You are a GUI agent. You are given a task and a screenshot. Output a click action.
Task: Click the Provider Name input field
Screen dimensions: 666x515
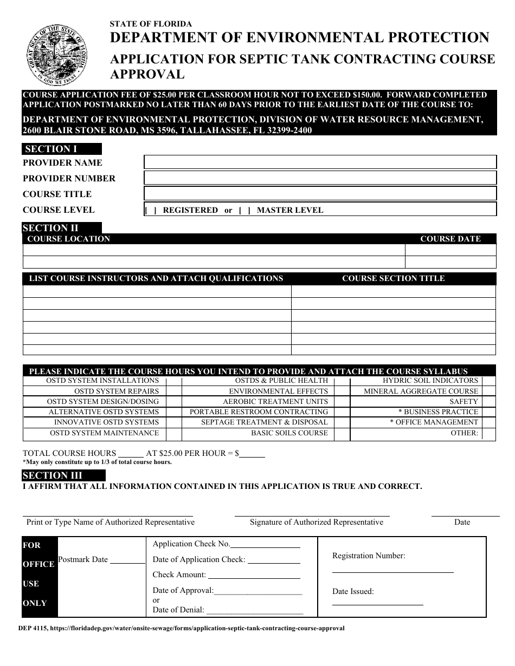(x=320, y=162)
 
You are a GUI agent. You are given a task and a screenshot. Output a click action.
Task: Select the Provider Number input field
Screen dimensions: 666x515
(x=320, y=178)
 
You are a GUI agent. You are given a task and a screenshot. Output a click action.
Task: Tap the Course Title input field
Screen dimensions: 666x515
(x=320, y=193)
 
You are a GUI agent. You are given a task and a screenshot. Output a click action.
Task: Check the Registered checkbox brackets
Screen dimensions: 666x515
(x=151, y=211)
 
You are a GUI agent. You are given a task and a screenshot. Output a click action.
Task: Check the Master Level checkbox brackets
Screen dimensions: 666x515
(x=244, y=211)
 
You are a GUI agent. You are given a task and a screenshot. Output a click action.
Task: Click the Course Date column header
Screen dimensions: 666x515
(x=450, y=239)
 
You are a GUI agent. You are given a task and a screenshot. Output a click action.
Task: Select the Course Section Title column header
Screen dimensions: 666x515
(x=393, y=278)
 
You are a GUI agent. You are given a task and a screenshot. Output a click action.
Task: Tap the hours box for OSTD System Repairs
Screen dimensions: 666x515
(x=173, y=391)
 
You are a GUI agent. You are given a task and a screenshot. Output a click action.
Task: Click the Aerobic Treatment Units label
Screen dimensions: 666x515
(x=275, y=401)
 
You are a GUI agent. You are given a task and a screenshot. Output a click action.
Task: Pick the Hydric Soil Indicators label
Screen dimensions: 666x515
(x=430, y=381)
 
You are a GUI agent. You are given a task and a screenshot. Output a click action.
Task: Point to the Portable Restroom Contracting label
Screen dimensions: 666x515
(x=259, y=412)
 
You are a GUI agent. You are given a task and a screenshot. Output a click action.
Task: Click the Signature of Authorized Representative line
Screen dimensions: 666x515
(x=312, y=514)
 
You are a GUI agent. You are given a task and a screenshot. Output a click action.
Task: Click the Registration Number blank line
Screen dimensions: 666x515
(x=392, y=571)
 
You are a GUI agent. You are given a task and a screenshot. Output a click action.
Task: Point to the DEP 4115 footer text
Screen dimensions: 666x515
(x=181, y=629)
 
